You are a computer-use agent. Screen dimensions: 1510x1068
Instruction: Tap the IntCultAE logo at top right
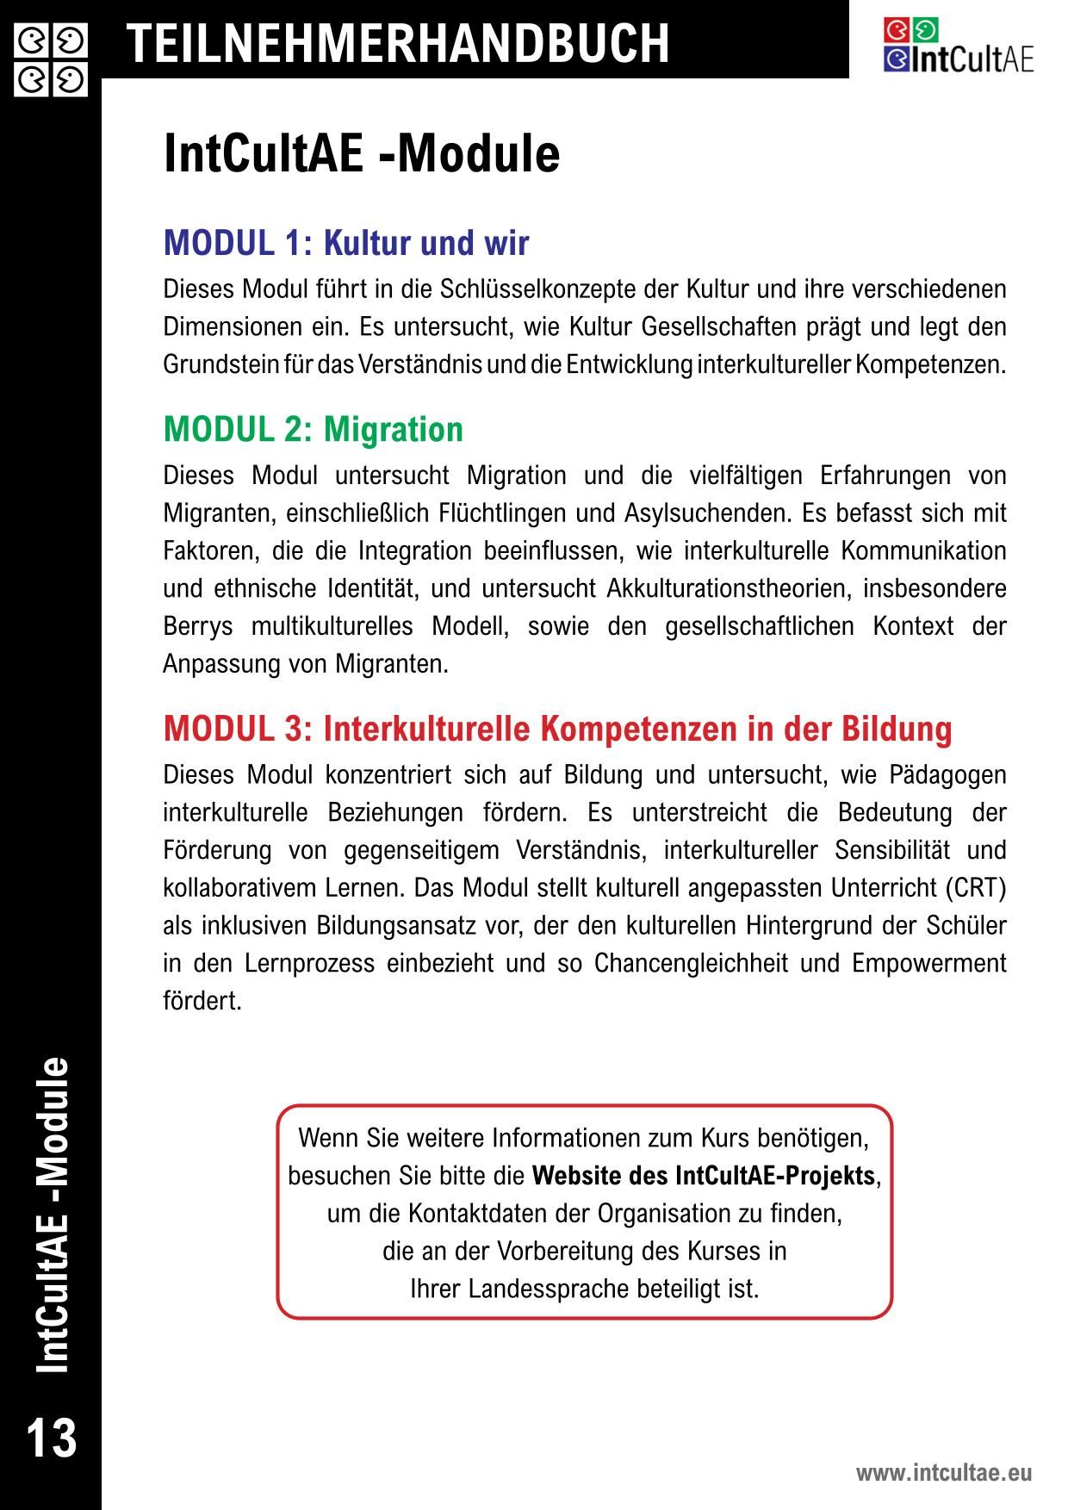pyautogui.click(x=958, y=47)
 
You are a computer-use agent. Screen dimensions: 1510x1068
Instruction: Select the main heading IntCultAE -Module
pyautogui.click(x=362, y=154)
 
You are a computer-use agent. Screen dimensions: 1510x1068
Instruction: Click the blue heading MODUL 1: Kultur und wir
pyautogui.click(x=346, y=244)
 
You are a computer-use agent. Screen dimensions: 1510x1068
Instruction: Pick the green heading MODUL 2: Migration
pyautogui.click(x=314, y=429)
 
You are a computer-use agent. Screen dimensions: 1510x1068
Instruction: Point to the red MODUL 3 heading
pyautogui.click(x=558, y=729)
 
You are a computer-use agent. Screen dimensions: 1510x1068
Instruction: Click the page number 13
pyautogui.click(x=52, y=1438)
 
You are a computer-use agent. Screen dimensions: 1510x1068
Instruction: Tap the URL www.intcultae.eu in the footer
pyautogui.click(x=943, y=1473)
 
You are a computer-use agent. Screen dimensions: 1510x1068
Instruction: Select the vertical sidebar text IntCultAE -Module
pyautogui.click(x=52, y=1215)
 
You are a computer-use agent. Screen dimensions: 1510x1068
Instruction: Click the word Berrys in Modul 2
pyautogui.click(x=198, y=627)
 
